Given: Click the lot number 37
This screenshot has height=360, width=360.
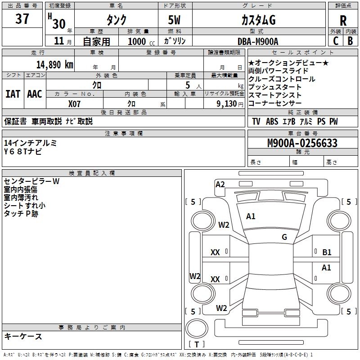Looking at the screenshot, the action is tap(22, 19).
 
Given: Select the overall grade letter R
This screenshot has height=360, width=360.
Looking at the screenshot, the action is tap(343, 21).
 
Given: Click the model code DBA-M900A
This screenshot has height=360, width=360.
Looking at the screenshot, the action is tap(258, 41).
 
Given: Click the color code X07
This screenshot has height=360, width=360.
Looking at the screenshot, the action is tap(75, 103).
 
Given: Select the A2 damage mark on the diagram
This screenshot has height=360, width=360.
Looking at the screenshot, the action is tap(220, 184).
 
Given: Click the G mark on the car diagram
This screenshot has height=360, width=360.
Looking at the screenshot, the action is tap(284, 237).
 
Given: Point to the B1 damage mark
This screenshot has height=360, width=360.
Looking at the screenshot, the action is tap(327, 252).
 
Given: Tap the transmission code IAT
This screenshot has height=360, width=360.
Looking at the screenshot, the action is tap(13, 94).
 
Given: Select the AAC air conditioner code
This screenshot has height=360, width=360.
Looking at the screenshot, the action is tap(35, 94).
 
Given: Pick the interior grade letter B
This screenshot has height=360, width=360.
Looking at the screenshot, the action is tap(350, 41).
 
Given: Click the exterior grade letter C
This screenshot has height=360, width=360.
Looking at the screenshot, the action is tap(335, 41).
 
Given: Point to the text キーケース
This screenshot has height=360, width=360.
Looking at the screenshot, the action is tap(23, 337).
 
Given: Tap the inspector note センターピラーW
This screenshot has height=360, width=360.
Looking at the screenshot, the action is tap(31, 181).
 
